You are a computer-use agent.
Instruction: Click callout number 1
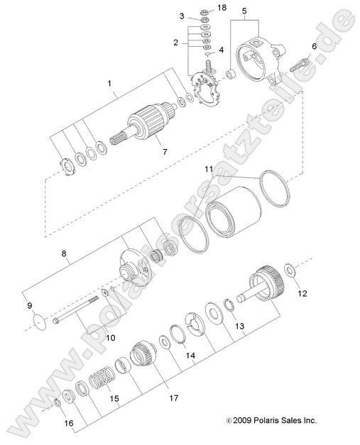(x=109, y=83)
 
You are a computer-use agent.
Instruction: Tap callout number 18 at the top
(x=202, y=7)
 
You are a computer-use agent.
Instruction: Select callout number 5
(x=245, y=11)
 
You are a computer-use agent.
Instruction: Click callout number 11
(x=209, y=170)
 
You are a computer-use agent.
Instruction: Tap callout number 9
(x=30, y=306)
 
